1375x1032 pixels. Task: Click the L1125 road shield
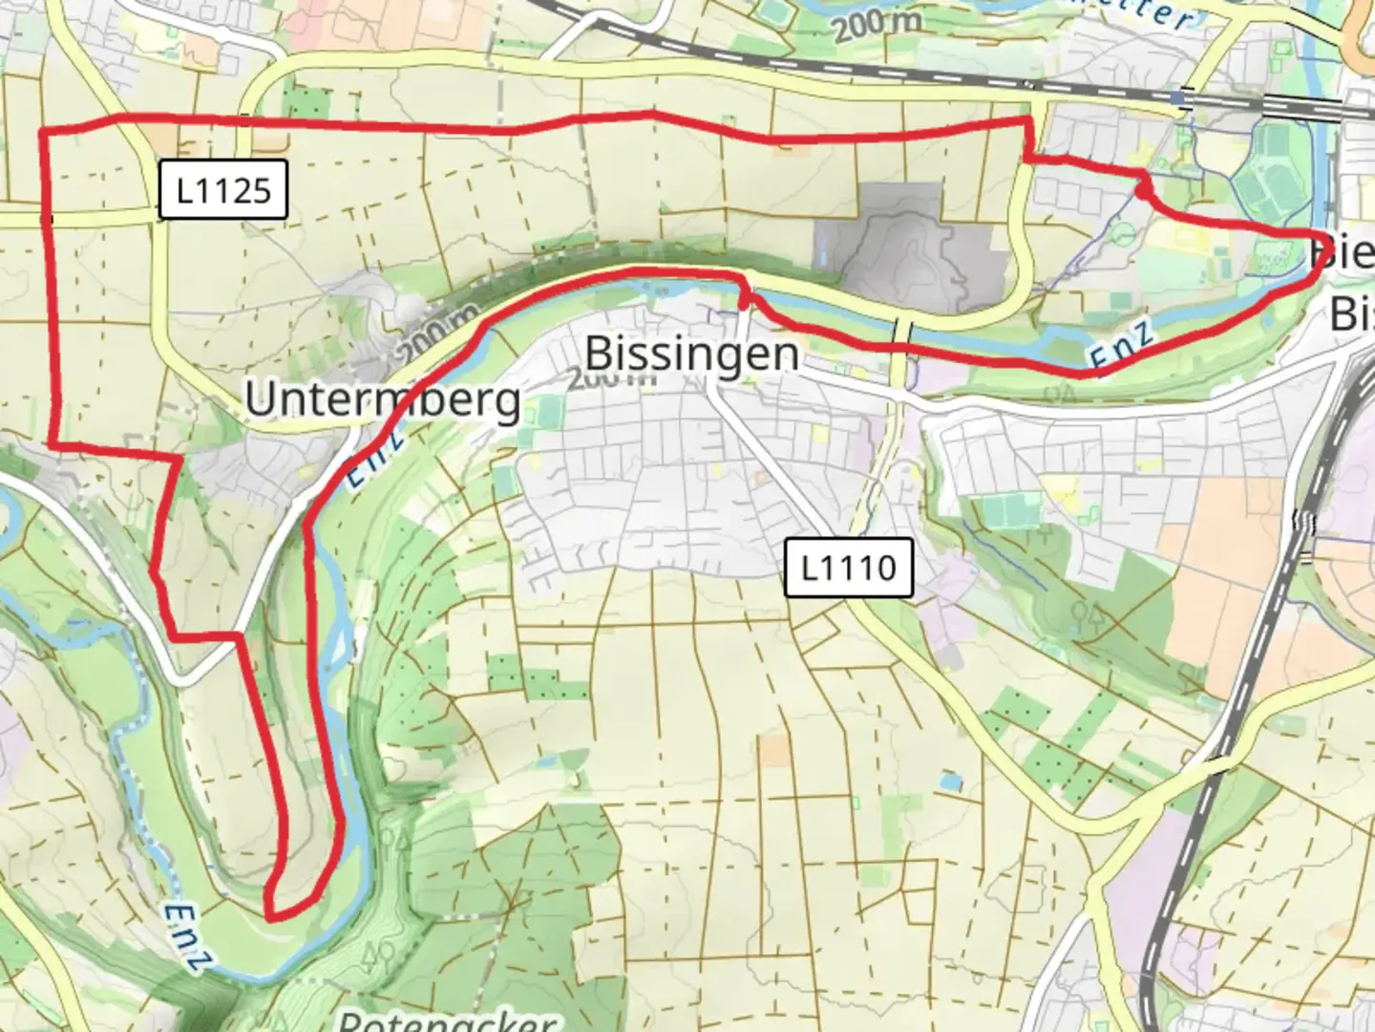pyautogui.click(x=222, y=190)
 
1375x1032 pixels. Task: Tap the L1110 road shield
pyautogui.click(x=848, y=568)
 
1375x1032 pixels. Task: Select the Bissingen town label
pyautogui.click(x=692, y=354)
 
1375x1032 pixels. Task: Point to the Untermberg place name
pyautogui.click(x=383, y=398)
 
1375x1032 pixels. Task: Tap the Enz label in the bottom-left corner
pyautogui.click(x=181, y=936)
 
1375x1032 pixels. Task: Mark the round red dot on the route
pyautogui.click(x=1143, y=191)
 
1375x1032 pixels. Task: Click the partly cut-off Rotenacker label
pyautogui.click(x=447, y=1021)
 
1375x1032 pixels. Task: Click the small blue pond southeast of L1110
pyautogui.click(x=950, y=782)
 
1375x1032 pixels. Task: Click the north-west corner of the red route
pyautogui.click(x=42, y=130)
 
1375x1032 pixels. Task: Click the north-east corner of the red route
pyautogui.click(x=1029, y=119)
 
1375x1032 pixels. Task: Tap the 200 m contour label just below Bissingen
pyautogui.click(x=611, y=378)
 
